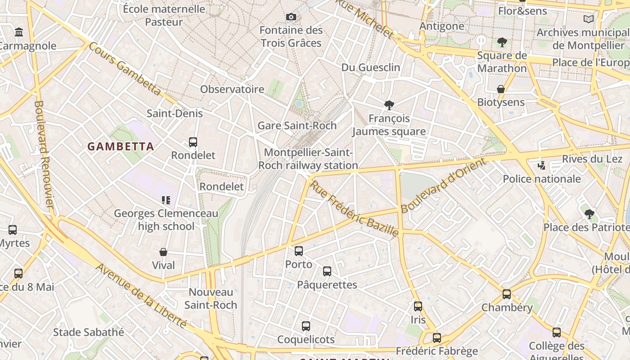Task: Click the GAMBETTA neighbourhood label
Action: coord(121,146)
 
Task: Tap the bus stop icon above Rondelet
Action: coord(193,142)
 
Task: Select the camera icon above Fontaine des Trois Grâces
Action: coord(291,17)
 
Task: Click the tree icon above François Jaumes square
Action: coord(389,105)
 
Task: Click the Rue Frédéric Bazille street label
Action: coord(355,209)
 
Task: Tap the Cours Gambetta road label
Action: coord(125,68)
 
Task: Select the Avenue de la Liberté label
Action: coord(141,295)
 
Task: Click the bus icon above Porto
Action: coord(299,251)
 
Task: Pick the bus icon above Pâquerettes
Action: coord(327,271)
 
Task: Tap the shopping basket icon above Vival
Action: coord(163,252)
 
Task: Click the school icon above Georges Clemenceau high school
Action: coord(166,200)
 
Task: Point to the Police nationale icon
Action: coord(542,166)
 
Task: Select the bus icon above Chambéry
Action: coord(507,294)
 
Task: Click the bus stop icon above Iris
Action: coord(418,306)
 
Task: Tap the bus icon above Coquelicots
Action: coord(306,326)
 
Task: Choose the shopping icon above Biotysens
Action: coord(501,89)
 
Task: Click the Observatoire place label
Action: coord(232,89)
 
